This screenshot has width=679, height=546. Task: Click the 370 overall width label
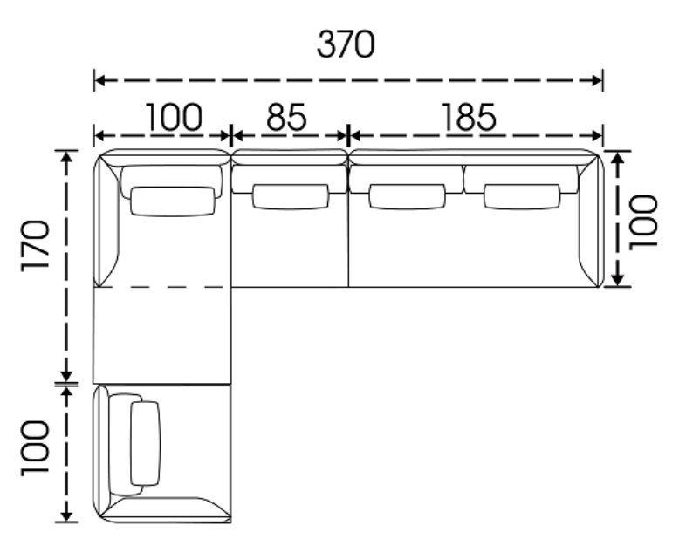coord(346,44)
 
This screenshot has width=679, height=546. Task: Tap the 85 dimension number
coord(286,117)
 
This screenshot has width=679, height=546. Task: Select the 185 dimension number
coord(469,117)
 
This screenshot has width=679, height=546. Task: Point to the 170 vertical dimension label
coord(36,246)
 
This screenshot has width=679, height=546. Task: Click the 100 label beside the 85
coord(174,117)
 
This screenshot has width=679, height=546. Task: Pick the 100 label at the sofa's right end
coord(643,222)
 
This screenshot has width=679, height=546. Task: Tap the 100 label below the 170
coord(36,448)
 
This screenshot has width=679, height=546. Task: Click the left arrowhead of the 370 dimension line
coord(99,80)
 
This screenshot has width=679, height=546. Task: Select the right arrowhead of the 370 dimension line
coord(596,80)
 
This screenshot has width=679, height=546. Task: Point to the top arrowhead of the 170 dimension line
coord(66,156)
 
